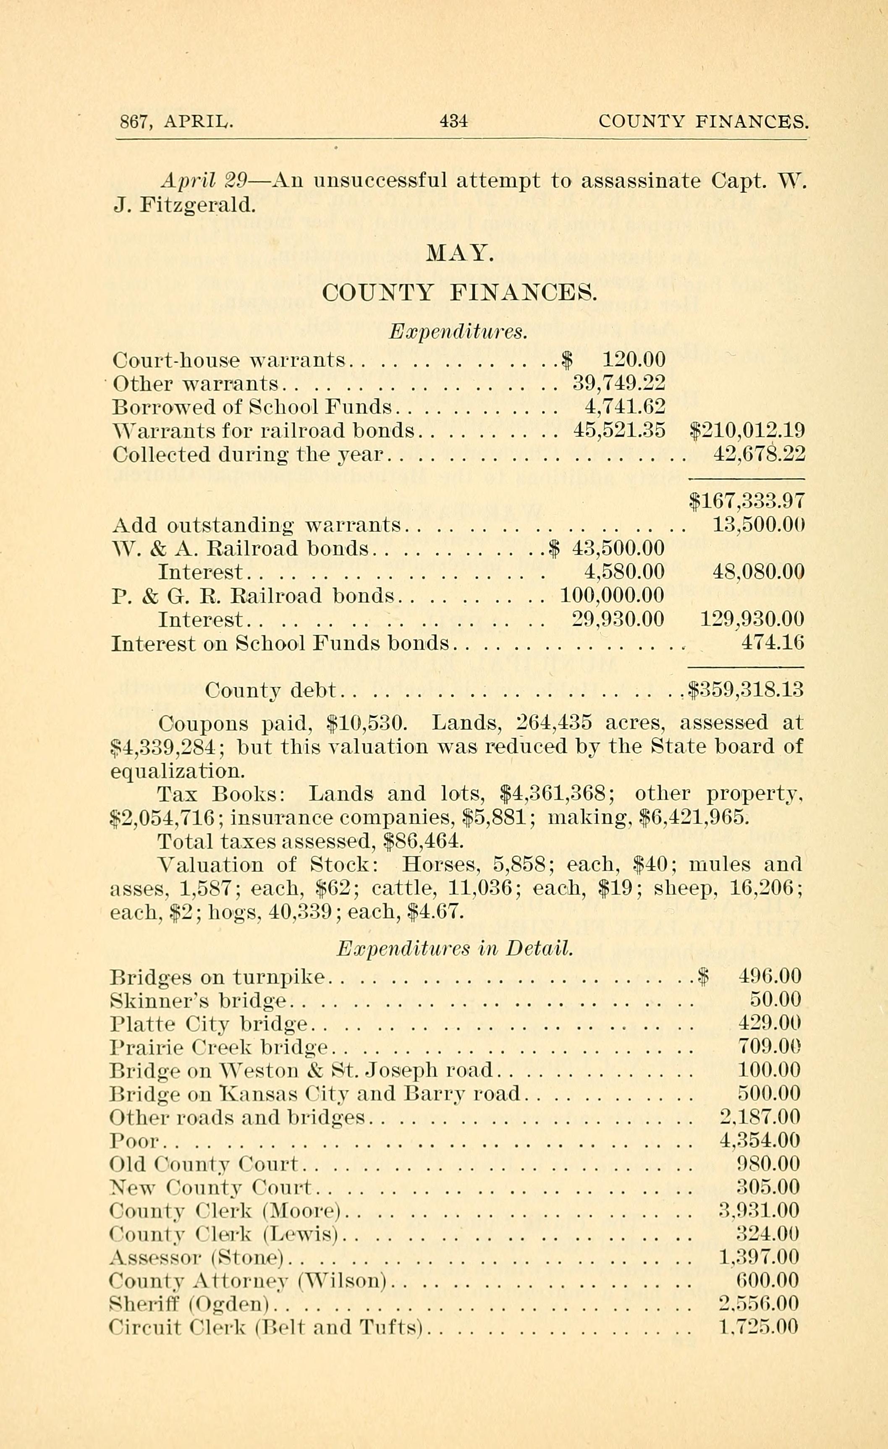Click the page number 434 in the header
(453, 121)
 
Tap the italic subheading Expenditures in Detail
(454, 948)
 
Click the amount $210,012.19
(746, 431)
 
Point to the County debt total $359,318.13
(745, 689)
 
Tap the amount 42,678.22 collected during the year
(758, 454)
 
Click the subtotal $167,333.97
(746, 501)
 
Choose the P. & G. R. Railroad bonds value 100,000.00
(612, 595)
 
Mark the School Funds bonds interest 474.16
(772, 642)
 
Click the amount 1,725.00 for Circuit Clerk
(759, 1327)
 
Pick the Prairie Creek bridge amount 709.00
(769, 1047)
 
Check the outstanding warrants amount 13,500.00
(758, 525)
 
